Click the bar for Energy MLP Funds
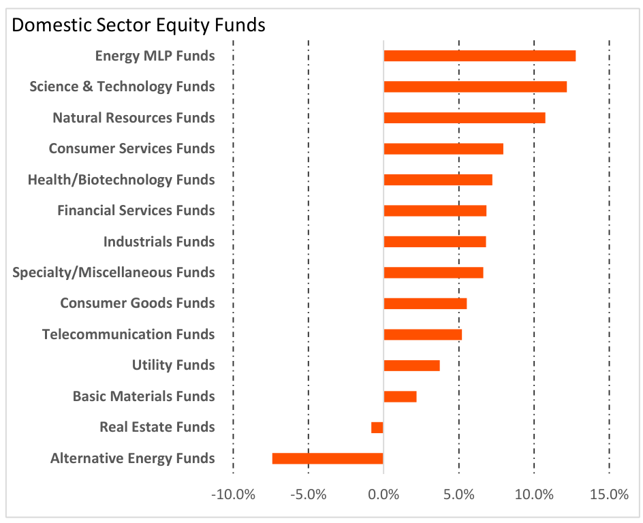(480, 56)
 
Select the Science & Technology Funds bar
(475, 86)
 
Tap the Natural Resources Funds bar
(465, 118)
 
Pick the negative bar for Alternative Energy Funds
(328, 458)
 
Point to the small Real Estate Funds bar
(377, 428)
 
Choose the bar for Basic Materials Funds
(400, 396)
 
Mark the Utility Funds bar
(411, 366)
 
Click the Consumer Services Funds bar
(443, 148)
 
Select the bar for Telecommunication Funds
(422, 334)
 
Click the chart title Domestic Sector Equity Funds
(138, 26)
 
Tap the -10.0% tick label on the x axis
(233, 494)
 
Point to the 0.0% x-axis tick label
(383, 494)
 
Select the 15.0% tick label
(609, 494)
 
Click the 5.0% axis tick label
(459, 494)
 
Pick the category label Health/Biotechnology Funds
(121, 180)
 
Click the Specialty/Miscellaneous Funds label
(114, 272)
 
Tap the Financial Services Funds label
(136, 210)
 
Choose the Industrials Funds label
(159, 242)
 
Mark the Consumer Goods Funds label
(138, 303)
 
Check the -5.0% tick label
(308, 494)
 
